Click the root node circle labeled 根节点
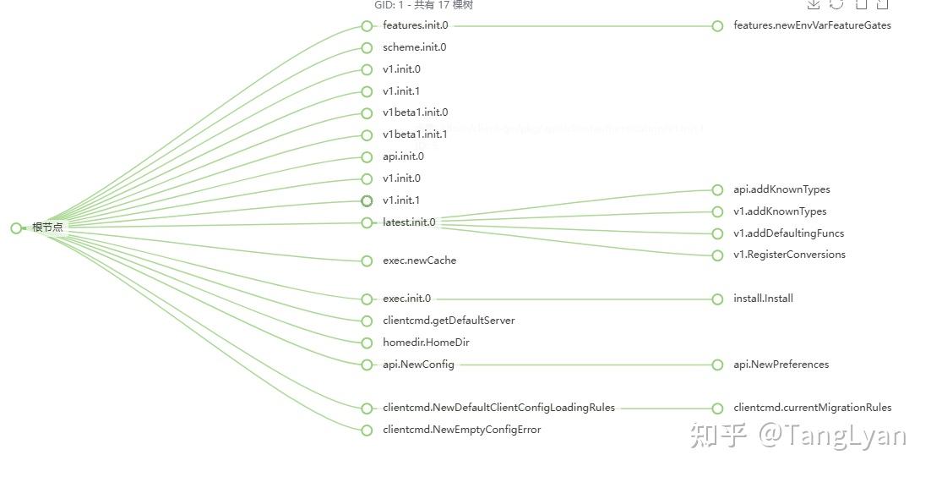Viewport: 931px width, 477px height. point(16,228)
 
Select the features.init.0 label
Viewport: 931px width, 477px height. point(415,25)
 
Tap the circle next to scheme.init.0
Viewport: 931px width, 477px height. point(367,48)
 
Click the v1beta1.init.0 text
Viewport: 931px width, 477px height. point(415,112)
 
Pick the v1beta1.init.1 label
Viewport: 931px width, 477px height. point(415,134)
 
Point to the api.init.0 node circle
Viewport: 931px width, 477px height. point(367,157)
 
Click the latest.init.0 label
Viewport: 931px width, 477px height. point(409,222)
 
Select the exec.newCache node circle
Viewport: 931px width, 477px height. point(367,261)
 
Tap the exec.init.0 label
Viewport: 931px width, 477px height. point(406,299)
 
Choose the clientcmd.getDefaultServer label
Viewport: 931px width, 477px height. point(448,321)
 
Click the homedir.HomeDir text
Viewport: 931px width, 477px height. point(426,343)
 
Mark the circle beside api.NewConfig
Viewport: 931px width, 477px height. point(367,365)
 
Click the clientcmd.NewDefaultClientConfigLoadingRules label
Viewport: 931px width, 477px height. point(498,408)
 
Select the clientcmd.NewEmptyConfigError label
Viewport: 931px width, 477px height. point(461,430)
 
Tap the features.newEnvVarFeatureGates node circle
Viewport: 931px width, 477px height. point(717,26)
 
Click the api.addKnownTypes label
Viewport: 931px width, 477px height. point(781,189)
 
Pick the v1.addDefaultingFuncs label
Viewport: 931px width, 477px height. point(788,233)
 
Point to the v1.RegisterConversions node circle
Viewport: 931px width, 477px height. point(717,255)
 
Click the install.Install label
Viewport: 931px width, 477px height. point(763,299)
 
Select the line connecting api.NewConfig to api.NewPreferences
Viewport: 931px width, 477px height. point(583,365)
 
